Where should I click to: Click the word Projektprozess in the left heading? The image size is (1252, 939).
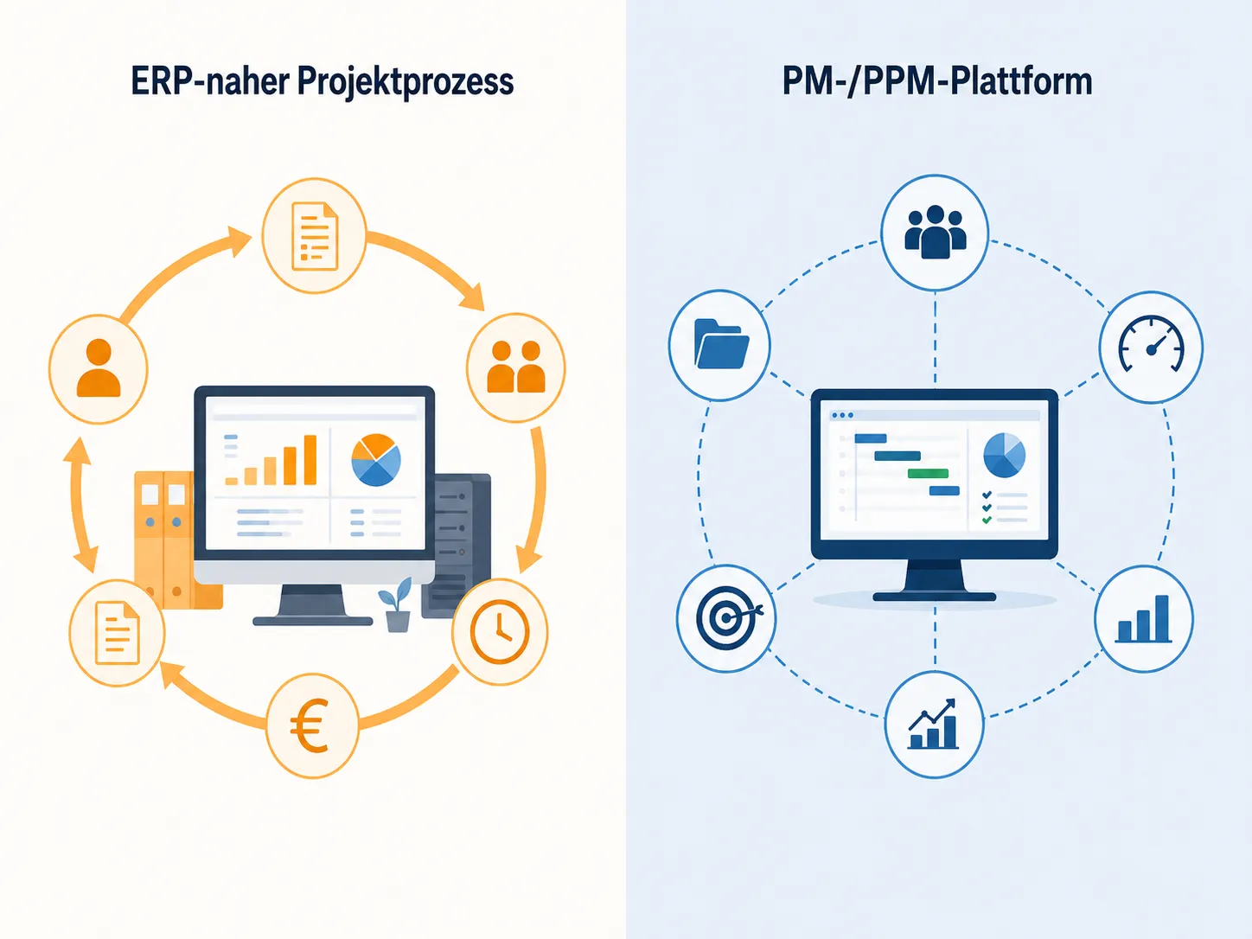pyautogui.click(x=405, y=82)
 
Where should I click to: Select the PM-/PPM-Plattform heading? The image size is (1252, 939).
pyautogui.click(x=937, y=81)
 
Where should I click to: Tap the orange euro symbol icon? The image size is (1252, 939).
pyautogui.click(x=310, y=725)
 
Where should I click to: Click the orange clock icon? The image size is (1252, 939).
pyautogui.click(x=500, y=632)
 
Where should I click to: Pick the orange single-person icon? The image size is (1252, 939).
pyautogui.click(x=99, y=367)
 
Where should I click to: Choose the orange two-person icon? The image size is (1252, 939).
pyautogui.click(x=515, y=367)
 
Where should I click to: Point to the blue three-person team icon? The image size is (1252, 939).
pyautogui.click(x=935, y=233)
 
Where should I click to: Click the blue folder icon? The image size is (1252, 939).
pyautogui.click(x=721, y=343)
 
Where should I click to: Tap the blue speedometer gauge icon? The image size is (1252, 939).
pyautogui.click(x=1151, y=344)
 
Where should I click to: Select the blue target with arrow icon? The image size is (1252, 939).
pyautogui.click(x=728, y=618)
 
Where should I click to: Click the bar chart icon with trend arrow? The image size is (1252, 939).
pyautogui.click(x=933, y=724)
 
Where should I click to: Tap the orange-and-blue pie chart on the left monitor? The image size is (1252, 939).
pyautogui.click(x=376, y=460)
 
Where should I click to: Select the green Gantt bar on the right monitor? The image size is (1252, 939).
pyautogui.click(x=928, y=473)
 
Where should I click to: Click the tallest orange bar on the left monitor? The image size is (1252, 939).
pyautogui.click(x=310, y=460)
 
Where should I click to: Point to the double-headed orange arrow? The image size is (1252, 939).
pyautogui.click(x=80, y=505)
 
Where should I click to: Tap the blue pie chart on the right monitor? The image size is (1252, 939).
pyautogui.click(x=1005, y=455)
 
